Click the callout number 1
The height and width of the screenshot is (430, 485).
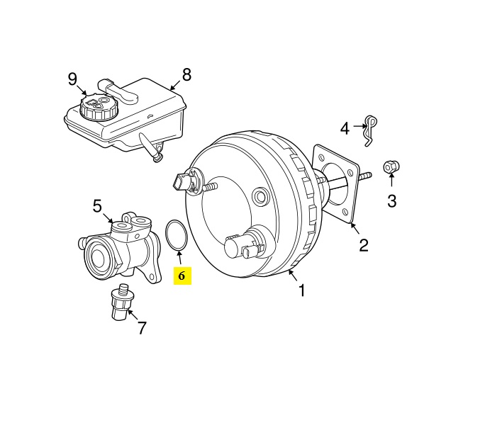click(302, 290)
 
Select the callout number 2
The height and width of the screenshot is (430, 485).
click(364, 245)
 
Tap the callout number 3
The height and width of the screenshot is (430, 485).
click(392, 201)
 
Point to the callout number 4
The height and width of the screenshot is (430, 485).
click(345, 128)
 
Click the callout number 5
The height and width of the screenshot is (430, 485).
click(97, 206)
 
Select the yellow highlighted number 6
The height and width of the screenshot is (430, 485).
click(182, 276)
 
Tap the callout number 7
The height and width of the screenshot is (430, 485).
click(142, 328)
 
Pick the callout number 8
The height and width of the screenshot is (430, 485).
click(186, 74)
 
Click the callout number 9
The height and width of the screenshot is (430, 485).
click(72, 79)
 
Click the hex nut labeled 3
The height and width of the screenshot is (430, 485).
click(391, 167)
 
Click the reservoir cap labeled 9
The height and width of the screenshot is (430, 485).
click(99, 107)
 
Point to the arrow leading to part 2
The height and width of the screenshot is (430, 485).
click(355, 229)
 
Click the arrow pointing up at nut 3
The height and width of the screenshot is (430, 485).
click(391, 180)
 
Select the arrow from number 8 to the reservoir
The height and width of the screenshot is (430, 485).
click(175, 85)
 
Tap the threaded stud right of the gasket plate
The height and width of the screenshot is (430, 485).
click(365, 176)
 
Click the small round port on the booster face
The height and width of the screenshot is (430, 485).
click(260, 196)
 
